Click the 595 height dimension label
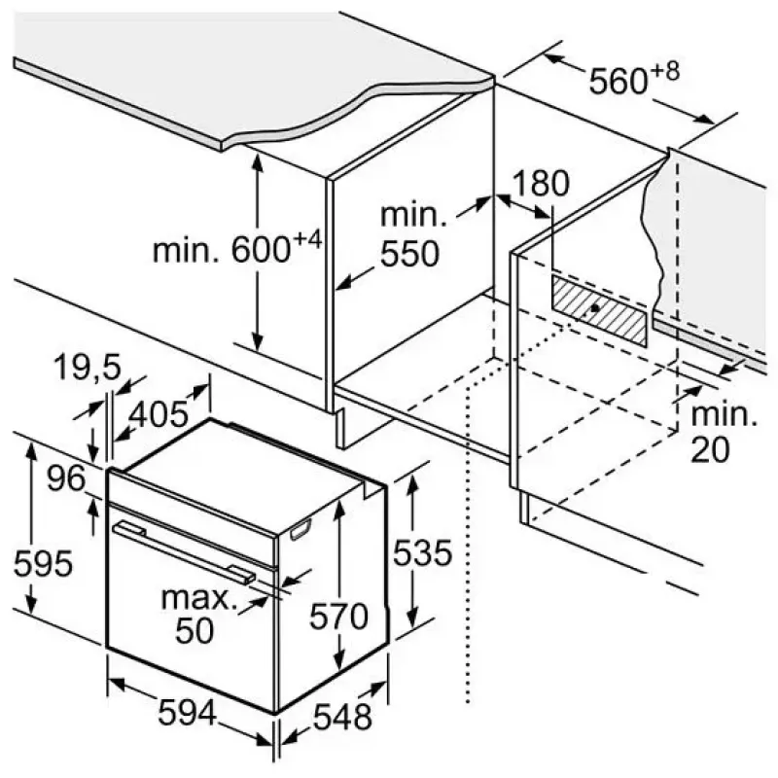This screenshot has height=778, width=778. point(43,564)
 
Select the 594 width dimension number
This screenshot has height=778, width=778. point(188,713)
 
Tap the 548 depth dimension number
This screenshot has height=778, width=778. point(343,718)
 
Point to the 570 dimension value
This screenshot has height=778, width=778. point(339,617)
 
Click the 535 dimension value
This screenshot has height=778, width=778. point(423,552)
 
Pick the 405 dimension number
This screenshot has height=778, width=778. point(159,414)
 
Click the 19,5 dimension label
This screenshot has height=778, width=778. point(88,368)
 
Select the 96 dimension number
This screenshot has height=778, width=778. point(66,478)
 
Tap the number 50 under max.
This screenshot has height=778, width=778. point(194,630)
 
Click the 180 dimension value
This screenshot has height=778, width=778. point(541,183)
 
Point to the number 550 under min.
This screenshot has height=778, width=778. point(409,254)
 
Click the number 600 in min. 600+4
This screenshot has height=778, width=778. point(261,250)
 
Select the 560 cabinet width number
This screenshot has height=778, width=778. point(619,81)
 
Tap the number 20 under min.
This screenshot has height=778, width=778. point(711,449)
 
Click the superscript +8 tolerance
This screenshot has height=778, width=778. point(665,71)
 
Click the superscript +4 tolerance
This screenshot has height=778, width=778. point(307,241)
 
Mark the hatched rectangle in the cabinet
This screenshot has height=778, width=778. point(599,310)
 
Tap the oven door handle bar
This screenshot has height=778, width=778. point(184,550)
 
